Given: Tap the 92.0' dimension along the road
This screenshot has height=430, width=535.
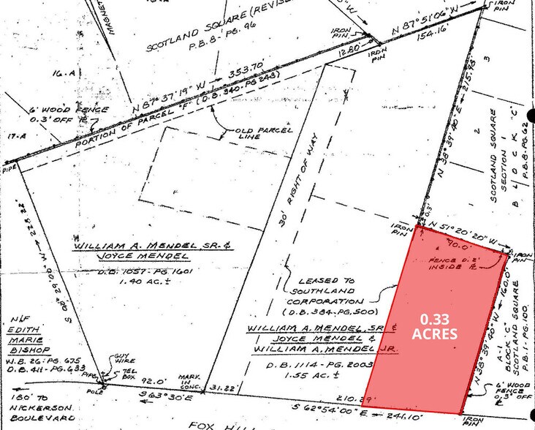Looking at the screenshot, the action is [x=151, y=381].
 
